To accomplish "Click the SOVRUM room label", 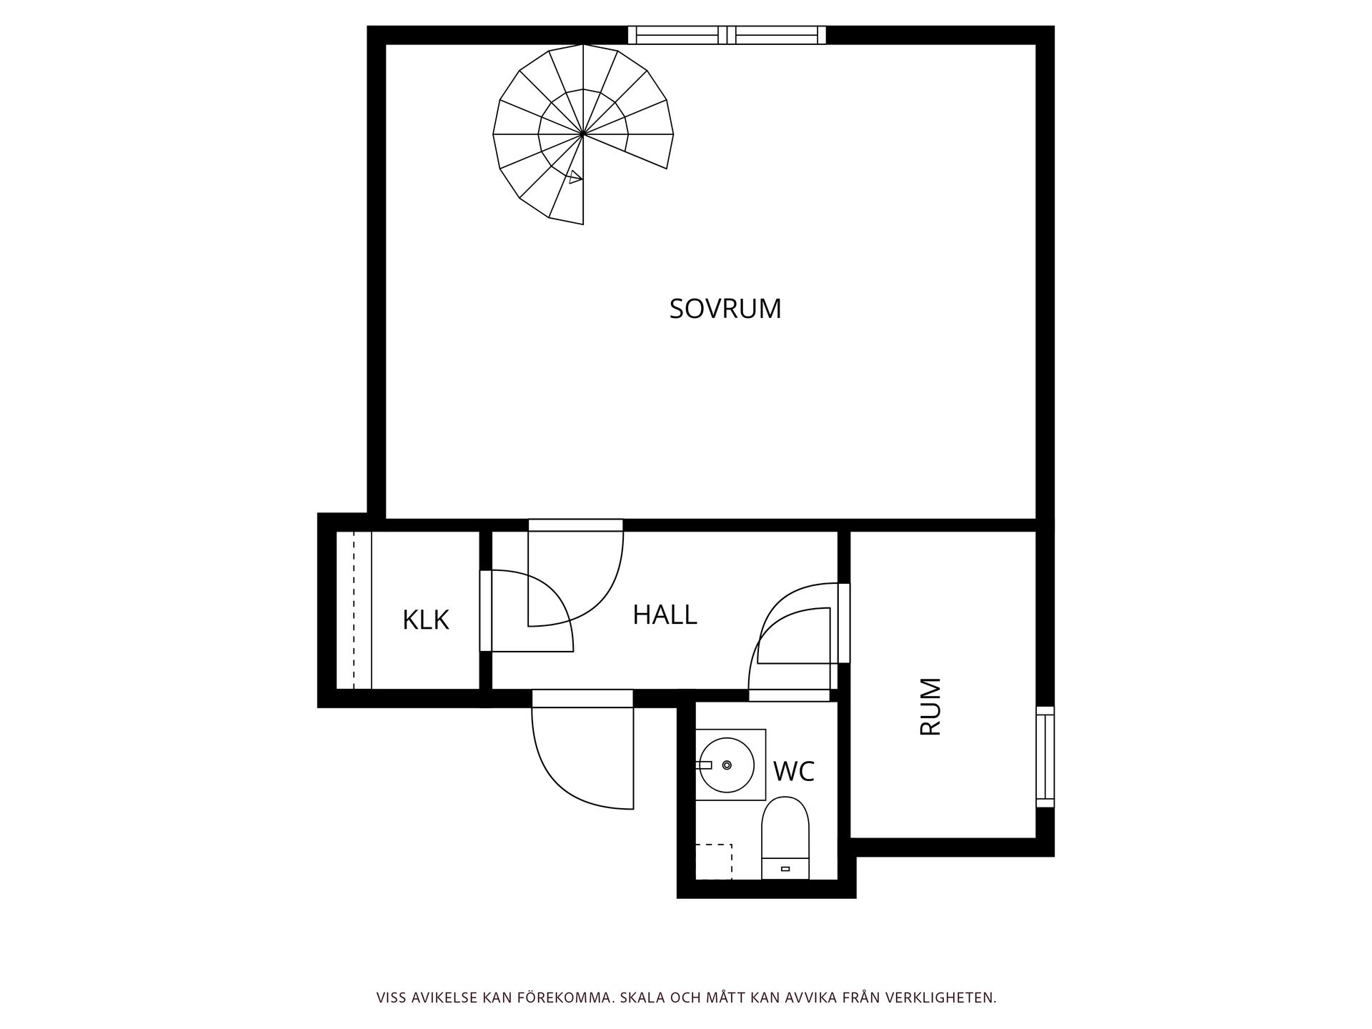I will click(725, 309).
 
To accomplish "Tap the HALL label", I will click(665, 615).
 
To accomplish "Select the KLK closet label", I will click(426, 620).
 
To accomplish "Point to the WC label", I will click(794, 772).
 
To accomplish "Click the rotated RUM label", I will click(930, 707).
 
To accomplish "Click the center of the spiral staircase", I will click(583, 134).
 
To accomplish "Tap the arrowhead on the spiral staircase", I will click(575, 177).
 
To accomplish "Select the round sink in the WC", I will click(726, 765).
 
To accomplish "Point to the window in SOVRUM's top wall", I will click(727, 35).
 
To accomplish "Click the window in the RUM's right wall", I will click(1045, 757).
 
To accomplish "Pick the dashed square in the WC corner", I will click(714, 861).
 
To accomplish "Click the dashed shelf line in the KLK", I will click(354, 611).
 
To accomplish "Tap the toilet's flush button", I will click(785, 869).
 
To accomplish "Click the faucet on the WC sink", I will click(704, 765).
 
